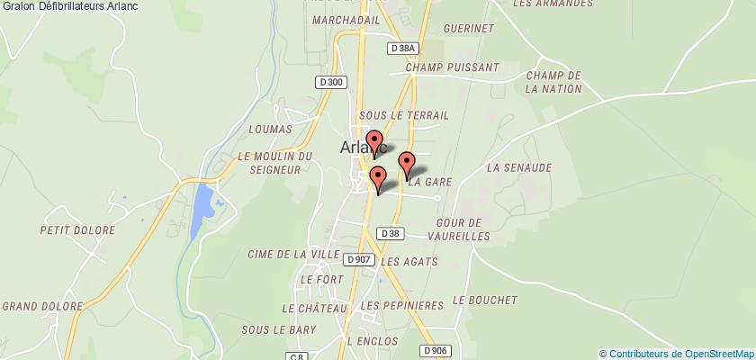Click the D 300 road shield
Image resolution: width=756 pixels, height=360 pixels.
click(x=330, y=82)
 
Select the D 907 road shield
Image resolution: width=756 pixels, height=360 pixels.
click(x=358, y=259)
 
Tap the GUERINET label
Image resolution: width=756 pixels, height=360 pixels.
click(x=468, y=29)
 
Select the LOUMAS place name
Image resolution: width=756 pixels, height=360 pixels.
click(x=274, y=130)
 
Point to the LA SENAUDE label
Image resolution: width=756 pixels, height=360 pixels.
click(x=517, y=167)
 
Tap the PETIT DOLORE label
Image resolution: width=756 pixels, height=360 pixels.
click(x=77, y=230)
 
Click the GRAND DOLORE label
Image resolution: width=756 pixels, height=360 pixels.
click(x=38, y=306)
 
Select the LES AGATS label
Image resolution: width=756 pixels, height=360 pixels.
click(x=409, y=262)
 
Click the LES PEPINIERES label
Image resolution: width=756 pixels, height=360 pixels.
click(x=401, y=307)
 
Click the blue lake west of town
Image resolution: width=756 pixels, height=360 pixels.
click(x=204, y=204)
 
